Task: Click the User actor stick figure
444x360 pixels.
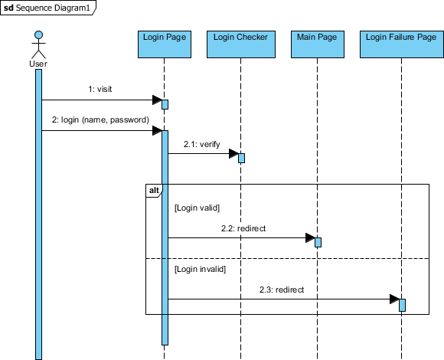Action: pos(38,47)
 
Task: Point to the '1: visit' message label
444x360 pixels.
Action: pos(100,89)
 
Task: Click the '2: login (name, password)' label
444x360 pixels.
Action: pos(100,119)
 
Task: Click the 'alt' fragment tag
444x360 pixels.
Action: pos(153,189)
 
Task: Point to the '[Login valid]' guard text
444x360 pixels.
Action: pos(198,207)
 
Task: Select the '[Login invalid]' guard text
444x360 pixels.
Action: pos(201,269)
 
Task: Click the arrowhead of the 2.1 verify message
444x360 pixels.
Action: pos(233,154)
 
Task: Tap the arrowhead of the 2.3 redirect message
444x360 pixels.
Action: pos(394,299)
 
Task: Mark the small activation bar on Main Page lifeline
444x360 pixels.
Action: pos(318,242)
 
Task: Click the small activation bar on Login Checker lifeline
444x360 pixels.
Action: pos(241,158)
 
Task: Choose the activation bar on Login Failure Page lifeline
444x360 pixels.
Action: pos(402,305)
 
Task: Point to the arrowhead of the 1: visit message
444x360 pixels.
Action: pos(157,100)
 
